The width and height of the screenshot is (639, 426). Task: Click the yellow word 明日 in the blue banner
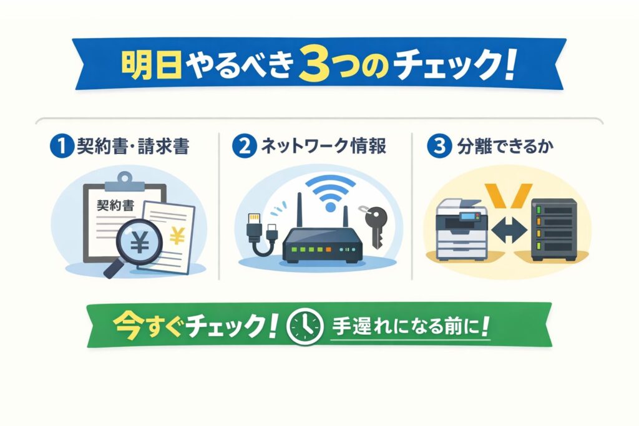[x=151, y=64]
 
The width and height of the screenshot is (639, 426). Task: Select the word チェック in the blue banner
[x=447, y=64]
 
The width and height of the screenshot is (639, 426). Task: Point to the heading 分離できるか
[x=505, y=146]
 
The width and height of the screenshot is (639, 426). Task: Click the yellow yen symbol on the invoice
[x=177, y=236]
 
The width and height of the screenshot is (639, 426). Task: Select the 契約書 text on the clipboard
[x=115, y=205]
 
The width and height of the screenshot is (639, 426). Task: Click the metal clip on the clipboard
[x=125, y=182]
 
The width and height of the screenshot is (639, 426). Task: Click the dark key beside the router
[x=374, y=226]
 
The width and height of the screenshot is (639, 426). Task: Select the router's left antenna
[x=299, y=210]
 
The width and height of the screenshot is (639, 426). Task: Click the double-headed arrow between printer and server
[x=509, y=230]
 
